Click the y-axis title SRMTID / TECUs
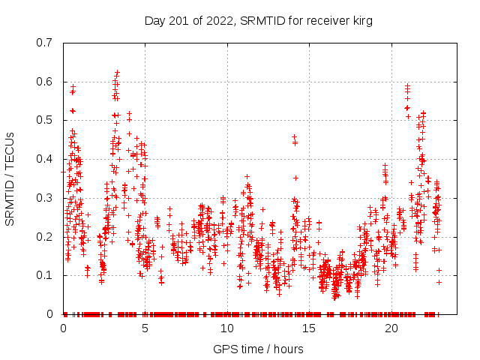[10, 178]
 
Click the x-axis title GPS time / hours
[258, 349]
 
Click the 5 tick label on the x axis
[145, 328]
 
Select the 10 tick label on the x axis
[226, 328]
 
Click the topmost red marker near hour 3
[118, 73]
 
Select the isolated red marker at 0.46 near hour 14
[295, 136]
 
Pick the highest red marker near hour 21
[408, 85]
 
